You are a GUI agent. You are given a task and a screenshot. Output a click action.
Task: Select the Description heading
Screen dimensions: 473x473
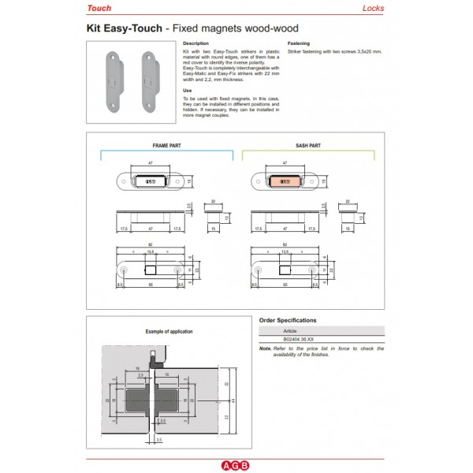(x=195, y=43)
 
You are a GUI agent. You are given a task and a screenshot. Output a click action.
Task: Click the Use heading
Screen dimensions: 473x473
(x=187, y=90)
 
